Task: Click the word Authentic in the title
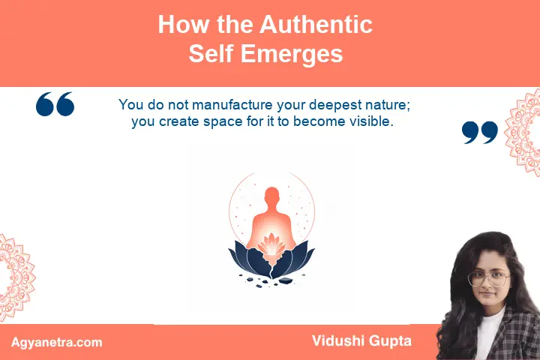316,25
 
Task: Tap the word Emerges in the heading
292,54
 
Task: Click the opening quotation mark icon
55,103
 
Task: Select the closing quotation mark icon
480,132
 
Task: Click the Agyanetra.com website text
57,343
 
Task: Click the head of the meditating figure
271,195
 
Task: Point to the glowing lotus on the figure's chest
271,244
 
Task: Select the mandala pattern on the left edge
16,277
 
